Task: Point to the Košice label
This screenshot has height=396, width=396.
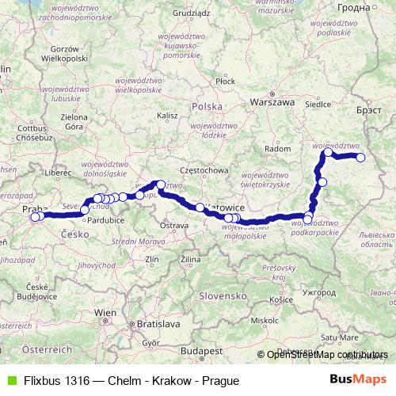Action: point(281,300)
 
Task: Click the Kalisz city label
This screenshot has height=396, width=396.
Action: point(168,115)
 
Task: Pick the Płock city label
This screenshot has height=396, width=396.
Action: point(225,81)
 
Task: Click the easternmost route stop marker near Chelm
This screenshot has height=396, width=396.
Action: point(361,158)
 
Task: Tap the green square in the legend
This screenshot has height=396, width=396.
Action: point(10,379)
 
